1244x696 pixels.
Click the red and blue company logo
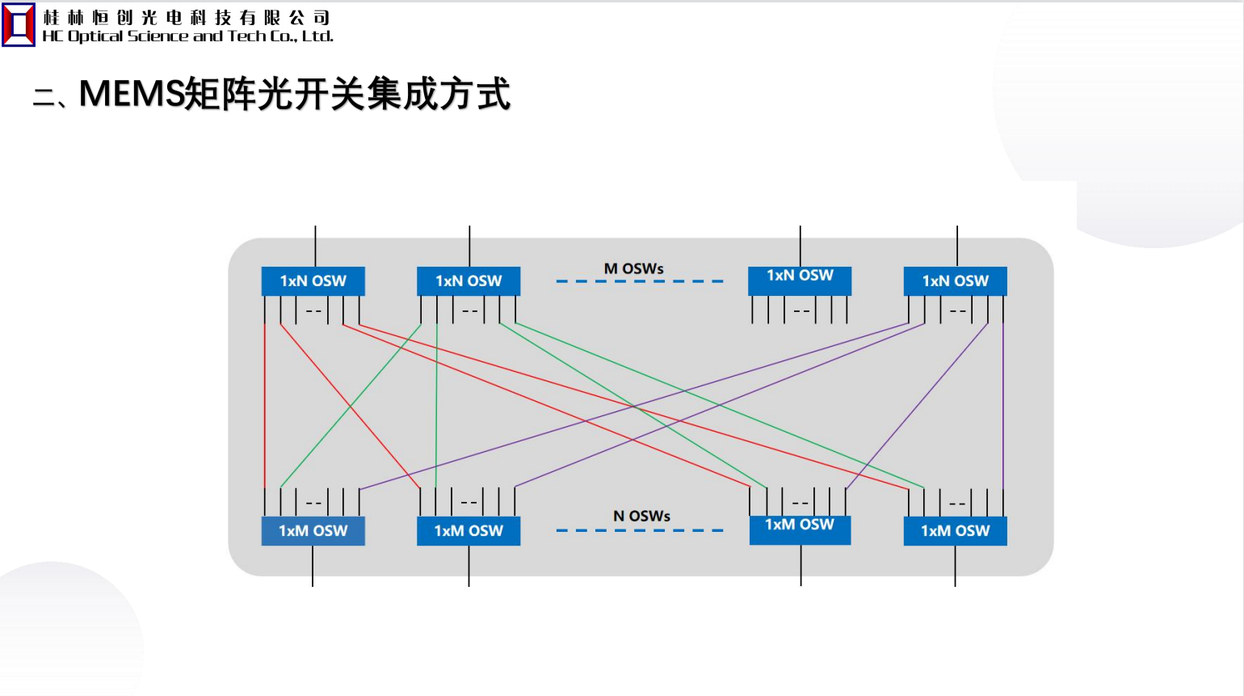(19, 25)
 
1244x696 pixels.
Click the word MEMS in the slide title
(132, 94)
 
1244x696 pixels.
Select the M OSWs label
(634, 268)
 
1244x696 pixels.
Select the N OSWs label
(641, 516)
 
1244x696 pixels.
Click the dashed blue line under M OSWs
(639, 281)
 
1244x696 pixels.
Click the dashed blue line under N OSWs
(639, 531)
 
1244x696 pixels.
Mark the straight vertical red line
(264, 404)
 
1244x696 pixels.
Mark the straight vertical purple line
(1003, 404)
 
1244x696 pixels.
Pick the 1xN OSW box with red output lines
(313, 281)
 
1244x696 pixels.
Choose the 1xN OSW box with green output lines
(469, 281)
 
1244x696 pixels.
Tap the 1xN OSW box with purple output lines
(955, 281)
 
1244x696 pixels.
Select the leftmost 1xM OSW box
(313, 531)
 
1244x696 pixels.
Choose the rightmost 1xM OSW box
(955, 531)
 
